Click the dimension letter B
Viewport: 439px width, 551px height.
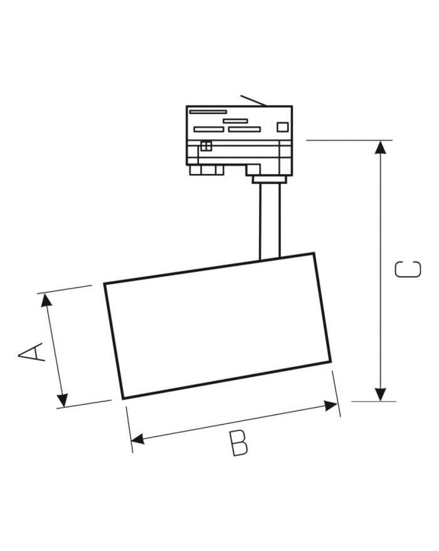tap(238, 443)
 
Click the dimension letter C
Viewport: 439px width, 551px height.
tap(408, 269)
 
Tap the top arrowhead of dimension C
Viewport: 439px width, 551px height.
tap(380, 147)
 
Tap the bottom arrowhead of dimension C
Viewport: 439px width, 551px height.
tap(380, 394)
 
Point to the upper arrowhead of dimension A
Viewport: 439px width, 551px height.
tap(46, 300)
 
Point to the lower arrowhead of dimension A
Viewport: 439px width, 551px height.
tap(62, 399)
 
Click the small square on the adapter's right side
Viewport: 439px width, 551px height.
tap(282, 126)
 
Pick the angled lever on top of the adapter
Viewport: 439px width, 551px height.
tap(252, 100)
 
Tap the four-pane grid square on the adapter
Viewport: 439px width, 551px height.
tap(206, 146)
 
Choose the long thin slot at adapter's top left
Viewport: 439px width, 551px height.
tap(208, 111)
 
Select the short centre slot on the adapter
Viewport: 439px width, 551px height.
tap(235, 121)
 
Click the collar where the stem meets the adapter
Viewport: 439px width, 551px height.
tap(270, 180)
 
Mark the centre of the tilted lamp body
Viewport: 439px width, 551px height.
tap(218, 326)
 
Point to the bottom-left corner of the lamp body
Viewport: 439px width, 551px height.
tap(122, 398)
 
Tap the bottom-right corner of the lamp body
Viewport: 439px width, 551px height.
tap(330, 362)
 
